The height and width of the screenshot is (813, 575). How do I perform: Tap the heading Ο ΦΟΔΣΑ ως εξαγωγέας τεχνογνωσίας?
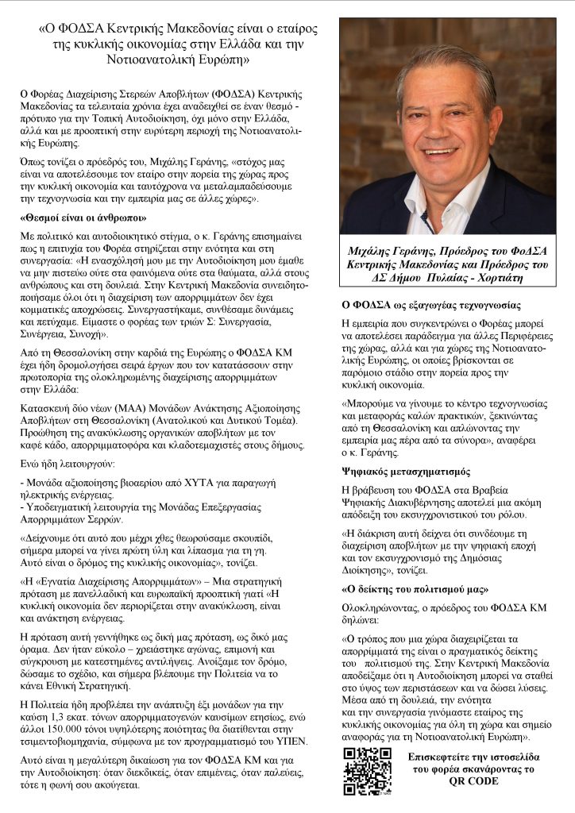click(x=430, y=304)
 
